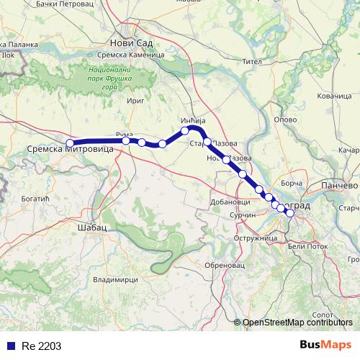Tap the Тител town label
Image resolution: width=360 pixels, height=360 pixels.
coord(251,61)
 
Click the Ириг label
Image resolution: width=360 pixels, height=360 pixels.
coord(135,102)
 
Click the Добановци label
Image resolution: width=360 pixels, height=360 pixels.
coord(230,202)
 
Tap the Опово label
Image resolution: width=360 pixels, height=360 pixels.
coord(287,120)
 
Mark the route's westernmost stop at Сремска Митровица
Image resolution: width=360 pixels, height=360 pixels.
coord(70,143)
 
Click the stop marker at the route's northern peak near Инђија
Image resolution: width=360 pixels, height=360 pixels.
coord(186,130)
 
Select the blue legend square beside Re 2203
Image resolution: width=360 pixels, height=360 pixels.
coord(11,346)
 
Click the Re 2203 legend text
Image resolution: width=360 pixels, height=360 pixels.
coord(37,346)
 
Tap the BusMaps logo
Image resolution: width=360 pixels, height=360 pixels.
coord(325,344)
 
